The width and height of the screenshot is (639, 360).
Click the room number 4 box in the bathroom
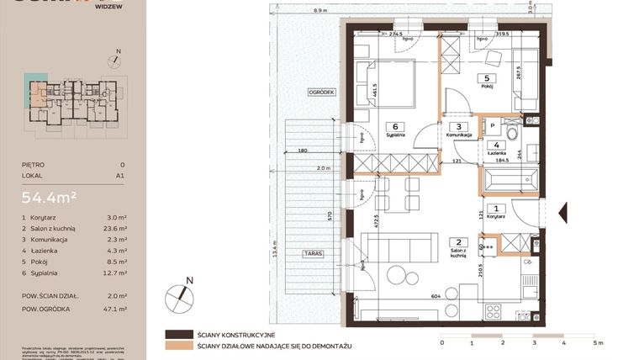pyautogui.click(x=497, y=144)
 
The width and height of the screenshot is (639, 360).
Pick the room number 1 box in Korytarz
pyautogui.click(x=497, y=209)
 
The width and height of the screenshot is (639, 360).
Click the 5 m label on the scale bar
pyautogui.click(x=596, y=343)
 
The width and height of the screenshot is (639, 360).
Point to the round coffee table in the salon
pyautogui.click(x=396, y=274)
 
